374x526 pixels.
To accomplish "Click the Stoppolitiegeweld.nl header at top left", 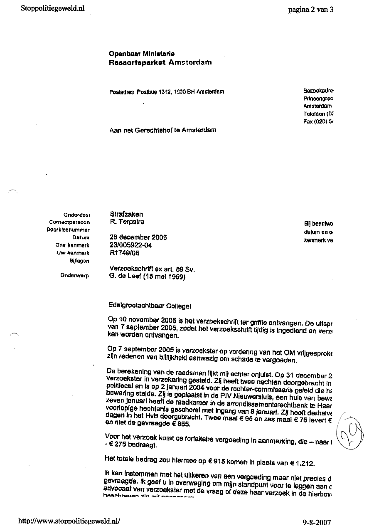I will [52, 9].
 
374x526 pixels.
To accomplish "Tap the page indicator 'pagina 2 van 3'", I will [310, 10].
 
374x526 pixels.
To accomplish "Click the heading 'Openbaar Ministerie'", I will [142, 54].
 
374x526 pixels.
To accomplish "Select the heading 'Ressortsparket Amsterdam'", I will [160, 62].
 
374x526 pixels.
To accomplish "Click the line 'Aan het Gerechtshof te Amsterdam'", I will [162, 130].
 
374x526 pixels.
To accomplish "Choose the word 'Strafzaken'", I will [126, 214].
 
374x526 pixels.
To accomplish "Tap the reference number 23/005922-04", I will [130, 245].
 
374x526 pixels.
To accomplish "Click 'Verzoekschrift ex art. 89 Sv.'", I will [151, 269].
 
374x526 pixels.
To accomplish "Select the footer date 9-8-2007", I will [317, 522].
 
